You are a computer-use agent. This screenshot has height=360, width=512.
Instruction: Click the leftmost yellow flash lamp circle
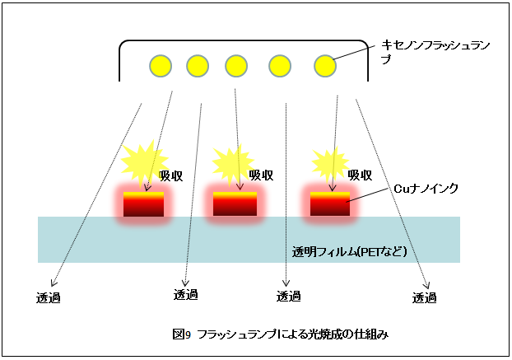coord(160,66)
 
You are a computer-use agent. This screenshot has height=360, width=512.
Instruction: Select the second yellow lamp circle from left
coord(198,66)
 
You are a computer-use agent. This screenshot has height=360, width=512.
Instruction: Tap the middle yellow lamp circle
coord(236,66)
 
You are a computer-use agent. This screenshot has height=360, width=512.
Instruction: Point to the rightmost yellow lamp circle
coord(324,66)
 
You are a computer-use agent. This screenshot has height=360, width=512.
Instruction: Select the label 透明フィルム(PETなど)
coord(349,250)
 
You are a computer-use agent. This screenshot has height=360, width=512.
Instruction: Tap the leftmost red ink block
coord(144,203)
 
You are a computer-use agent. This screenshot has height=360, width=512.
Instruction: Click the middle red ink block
coord(235,203)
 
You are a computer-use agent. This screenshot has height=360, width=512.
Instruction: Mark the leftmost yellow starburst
coord(143,161)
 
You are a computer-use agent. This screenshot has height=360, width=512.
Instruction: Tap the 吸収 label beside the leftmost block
coord(170,175)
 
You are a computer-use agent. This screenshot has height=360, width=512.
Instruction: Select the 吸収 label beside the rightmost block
coord(360,175)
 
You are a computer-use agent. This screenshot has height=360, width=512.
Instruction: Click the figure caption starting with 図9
coord(280,334)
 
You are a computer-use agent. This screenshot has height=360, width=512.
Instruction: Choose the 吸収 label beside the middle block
coord(261,175)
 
